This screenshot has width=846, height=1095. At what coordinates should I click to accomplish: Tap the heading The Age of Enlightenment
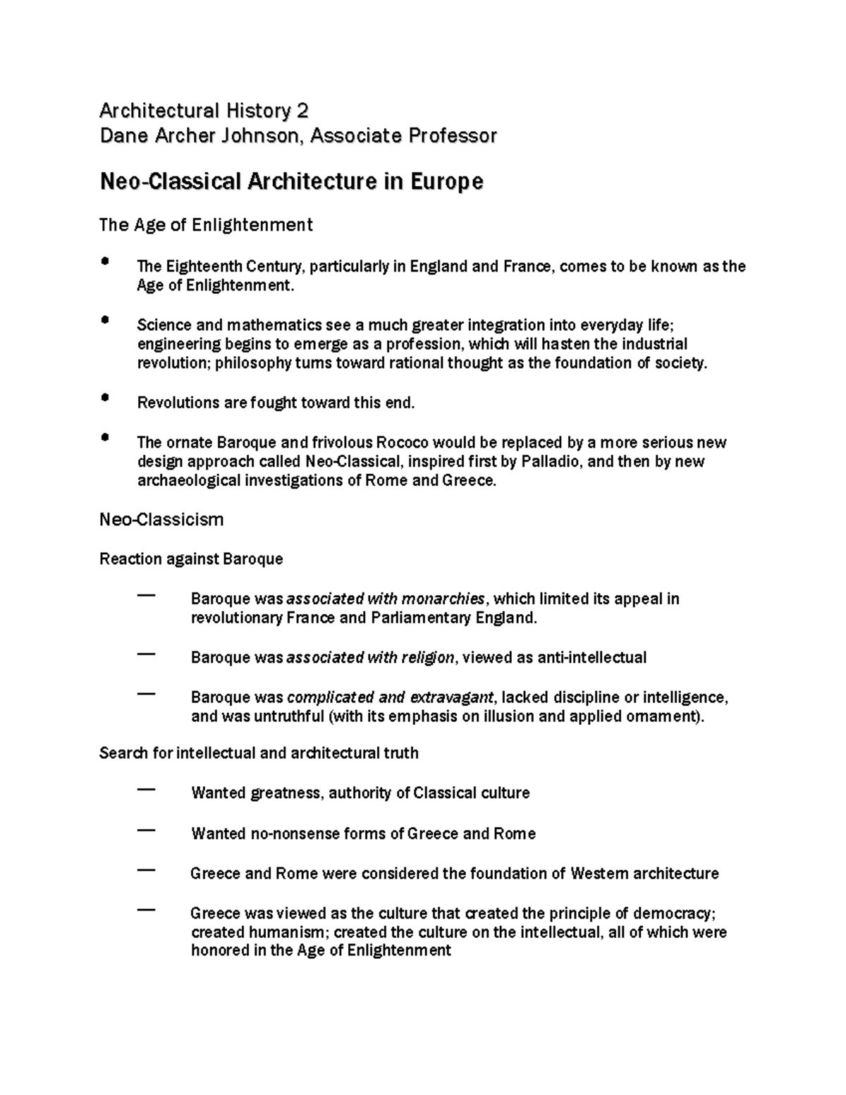pyautogui.click(x=206, y=225)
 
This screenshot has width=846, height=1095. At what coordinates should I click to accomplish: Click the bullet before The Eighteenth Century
pyautogui.click(x=105, y=261)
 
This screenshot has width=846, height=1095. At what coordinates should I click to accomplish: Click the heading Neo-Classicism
pyautogui.click(x=161, y=520)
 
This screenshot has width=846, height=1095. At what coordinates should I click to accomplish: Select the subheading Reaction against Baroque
pyautogui.click(x=191, y=559)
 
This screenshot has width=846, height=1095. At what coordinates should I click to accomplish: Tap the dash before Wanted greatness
pyautogui.click(x=147, y=790)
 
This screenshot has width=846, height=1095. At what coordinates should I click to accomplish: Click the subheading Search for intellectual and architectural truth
pyautogui.click(x=259, y=753)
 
